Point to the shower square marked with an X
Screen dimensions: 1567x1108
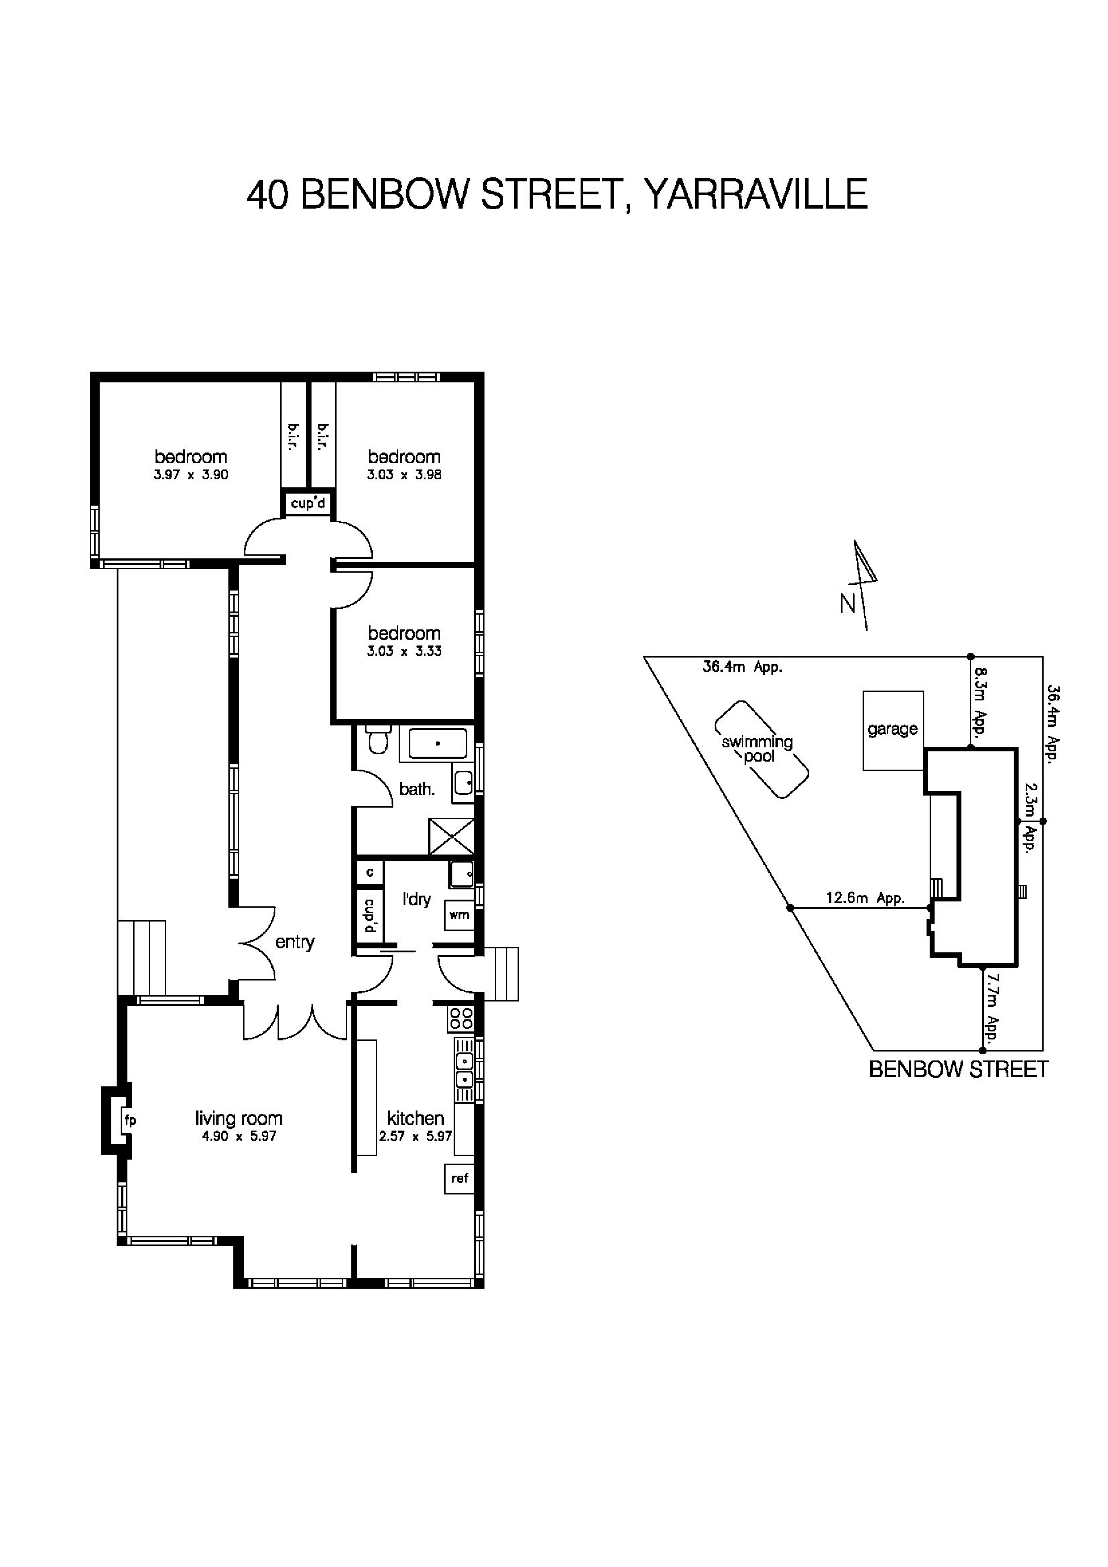tap(451, 836)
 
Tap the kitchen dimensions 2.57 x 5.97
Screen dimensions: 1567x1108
tap(415, 1136)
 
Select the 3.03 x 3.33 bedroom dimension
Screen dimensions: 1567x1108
tap(404, 651)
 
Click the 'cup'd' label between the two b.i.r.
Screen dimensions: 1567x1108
tap(308, 504)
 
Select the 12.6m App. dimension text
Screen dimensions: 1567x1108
tap(865, 898)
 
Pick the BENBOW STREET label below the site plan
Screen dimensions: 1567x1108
tap(958, 1069)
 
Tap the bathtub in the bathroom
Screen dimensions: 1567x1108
tap(437, 743)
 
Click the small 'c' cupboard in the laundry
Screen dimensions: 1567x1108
tap(369, 872)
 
